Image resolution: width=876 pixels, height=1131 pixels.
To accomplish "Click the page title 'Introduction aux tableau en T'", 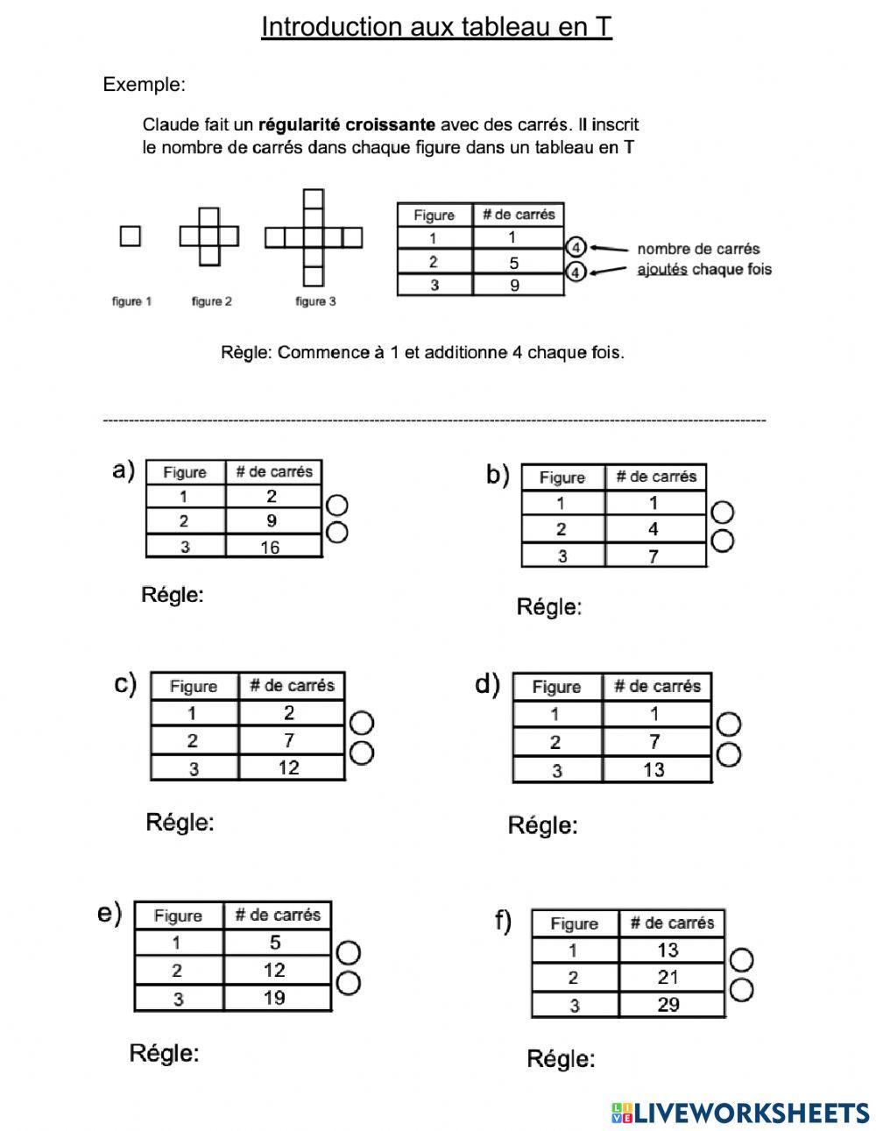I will pyautogui.click(x=436, y=27).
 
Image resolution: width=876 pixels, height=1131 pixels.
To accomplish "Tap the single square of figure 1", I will pyautogui.click(x=130, y=236).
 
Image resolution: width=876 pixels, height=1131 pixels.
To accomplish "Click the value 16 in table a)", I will pyautogui.click(x=271, y=548).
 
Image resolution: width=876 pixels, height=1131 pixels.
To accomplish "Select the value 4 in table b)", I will pyautogui.click(x=653, y=529).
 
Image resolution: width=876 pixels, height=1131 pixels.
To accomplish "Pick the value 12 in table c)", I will pyautogui.click(x=288, y=768).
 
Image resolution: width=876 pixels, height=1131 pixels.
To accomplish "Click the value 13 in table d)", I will pyautogui.click(x=654, y=770).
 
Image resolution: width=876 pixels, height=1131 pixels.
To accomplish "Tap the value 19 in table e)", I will pyautogui.click(x=274, y=997).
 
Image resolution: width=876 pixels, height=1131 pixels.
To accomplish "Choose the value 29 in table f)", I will pyautogui.click(x=668, y=1005).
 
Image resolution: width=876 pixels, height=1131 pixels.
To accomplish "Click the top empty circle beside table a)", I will pyautogui.click(x=336, y=506).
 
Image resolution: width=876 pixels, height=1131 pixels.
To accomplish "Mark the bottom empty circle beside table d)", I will pyautogui.click(x=729, y=754).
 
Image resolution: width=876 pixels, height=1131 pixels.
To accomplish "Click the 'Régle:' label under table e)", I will pyautogui.click(x=164, y=1052).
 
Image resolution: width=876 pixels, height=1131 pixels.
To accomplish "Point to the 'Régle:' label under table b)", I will pyautogui.click(x=549, y=606).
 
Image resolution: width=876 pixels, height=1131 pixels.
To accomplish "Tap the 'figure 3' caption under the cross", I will pyautogui.click(x=315, y=301).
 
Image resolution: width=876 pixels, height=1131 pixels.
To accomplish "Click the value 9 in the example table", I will pyautogui.click(x=514, y=285).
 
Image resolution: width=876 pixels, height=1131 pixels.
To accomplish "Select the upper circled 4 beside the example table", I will pyautogui.click(x=576, y=248).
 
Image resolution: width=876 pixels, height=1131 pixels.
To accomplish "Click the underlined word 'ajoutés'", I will pyautogui.click(x=662, y=269).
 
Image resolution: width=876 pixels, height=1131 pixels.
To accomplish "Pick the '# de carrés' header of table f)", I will pyautogui.click(x=672, y=922).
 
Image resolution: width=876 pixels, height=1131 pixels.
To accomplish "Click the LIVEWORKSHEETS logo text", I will pyautogui.click(x=752, y=1113).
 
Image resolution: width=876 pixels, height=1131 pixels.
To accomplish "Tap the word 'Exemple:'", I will pyautogui.click(x=145, y=84).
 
